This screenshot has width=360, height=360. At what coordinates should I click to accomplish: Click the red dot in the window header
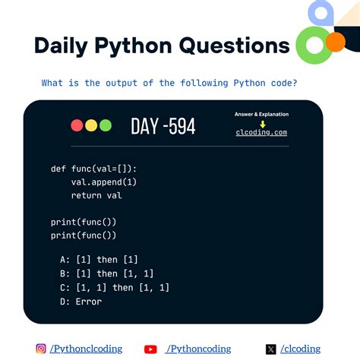(77, 126)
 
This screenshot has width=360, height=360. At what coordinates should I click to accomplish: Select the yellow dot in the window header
(90, 126)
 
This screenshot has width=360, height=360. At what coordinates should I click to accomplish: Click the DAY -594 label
(163, 126)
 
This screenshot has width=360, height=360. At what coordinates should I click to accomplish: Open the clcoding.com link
(261, 132)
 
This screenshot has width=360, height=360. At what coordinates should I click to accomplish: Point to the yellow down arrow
(262, 123)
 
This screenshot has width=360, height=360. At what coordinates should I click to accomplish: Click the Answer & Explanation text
(261, 115)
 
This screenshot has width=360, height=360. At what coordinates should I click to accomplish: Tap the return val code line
(96, 196)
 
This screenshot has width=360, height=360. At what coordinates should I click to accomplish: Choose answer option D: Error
(81, 302)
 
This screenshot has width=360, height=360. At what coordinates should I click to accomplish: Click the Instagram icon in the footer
(41, 349)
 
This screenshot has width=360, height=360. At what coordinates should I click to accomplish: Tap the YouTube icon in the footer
(150, 349)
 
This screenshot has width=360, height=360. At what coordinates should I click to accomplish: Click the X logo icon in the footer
(270, 349)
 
